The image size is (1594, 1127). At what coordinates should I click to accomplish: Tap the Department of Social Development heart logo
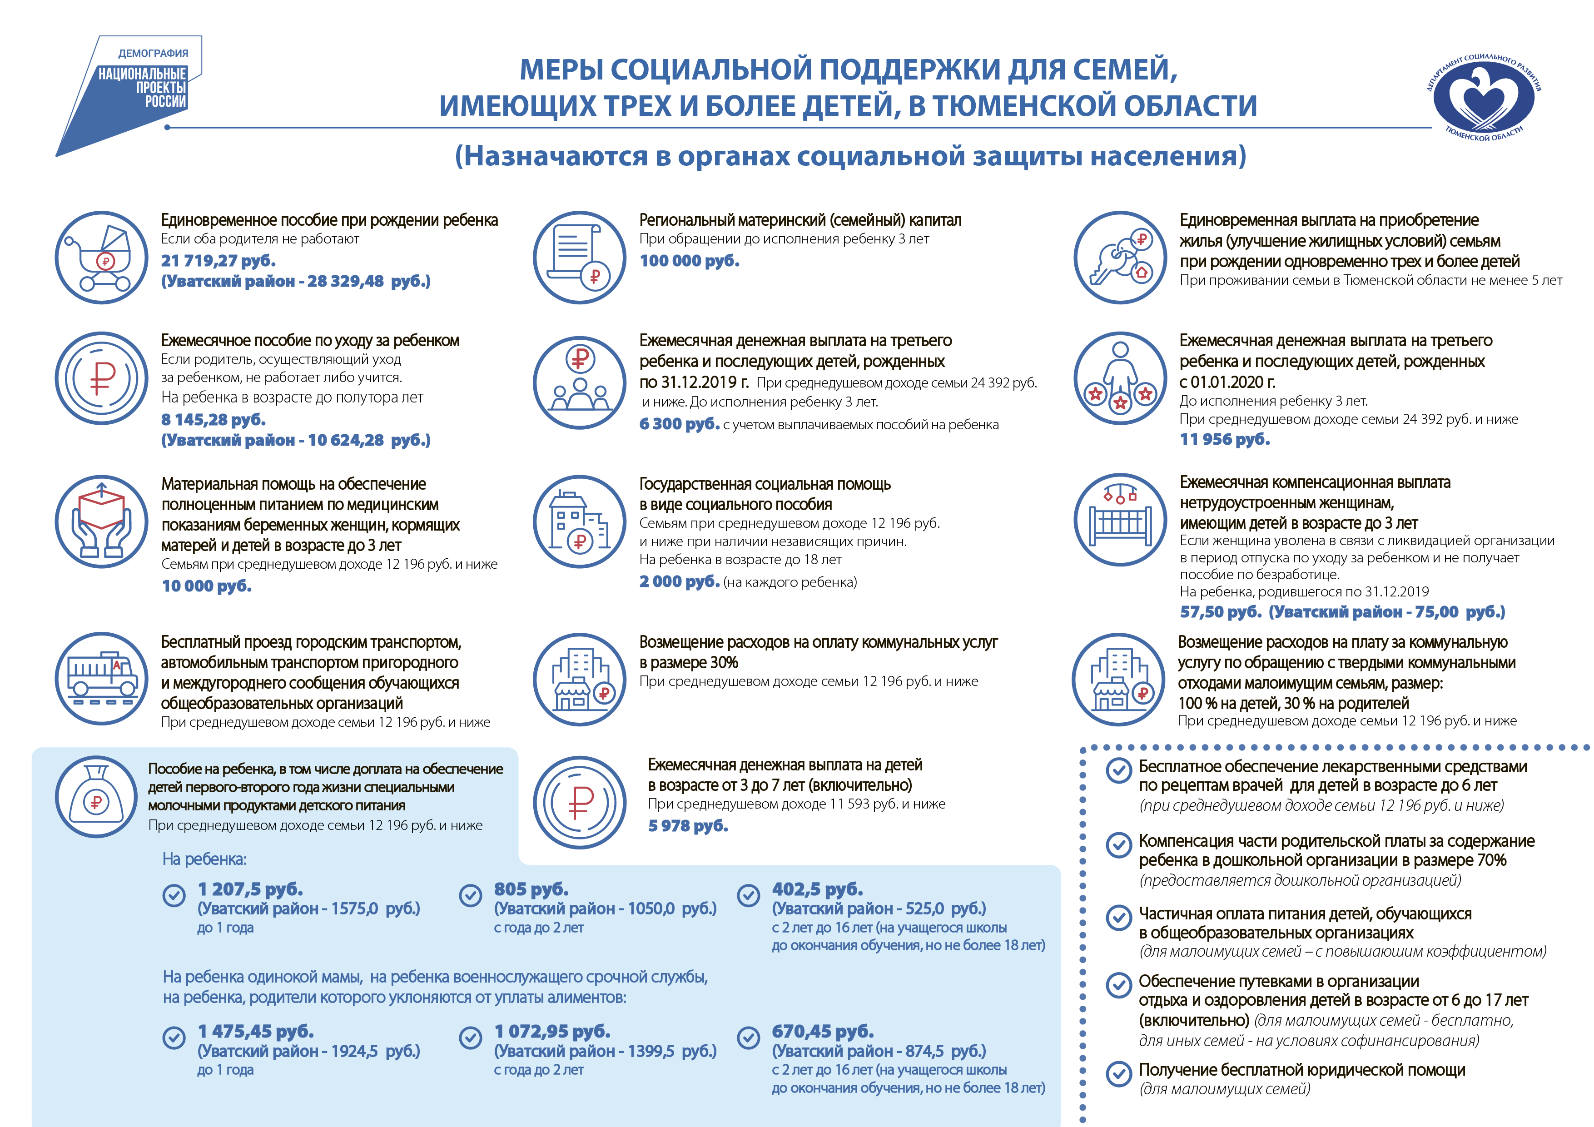(x=1485, y=97)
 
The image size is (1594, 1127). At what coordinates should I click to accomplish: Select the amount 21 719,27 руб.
(x=218, y=261)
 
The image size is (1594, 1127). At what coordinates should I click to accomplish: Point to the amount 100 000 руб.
(x=689, y=261)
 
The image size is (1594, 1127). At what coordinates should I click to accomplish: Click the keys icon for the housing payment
(x=1119, y=258)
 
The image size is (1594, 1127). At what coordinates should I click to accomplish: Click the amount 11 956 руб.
(x=1225, y=440)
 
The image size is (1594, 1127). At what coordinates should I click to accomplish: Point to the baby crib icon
(x=1119, y=521)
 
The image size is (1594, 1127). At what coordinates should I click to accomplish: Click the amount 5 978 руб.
(x=687, y=826)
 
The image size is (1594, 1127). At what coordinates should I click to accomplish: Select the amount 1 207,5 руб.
(x=250, y=889)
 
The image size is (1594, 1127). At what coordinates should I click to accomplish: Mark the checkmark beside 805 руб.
(x=471, y=896)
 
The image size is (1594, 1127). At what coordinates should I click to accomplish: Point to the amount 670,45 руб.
(x=823, y=1032)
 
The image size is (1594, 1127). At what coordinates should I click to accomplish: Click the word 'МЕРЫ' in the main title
(x=561, y=70)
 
